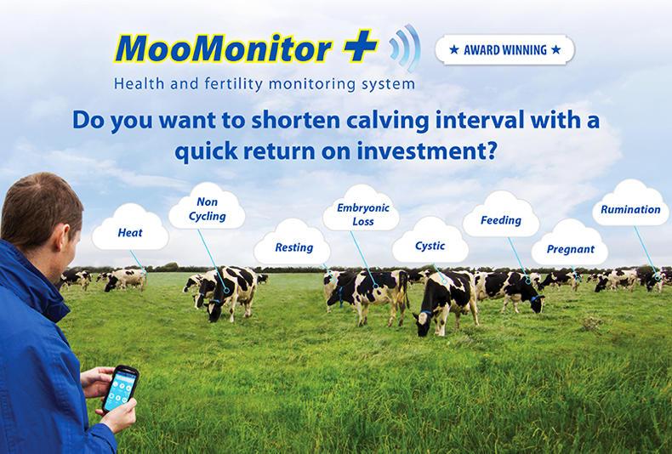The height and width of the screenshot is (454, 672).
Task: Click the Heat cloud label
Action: click(130, 232)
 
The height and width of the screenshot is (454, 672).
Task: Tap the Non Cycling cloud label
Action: click(207, 209)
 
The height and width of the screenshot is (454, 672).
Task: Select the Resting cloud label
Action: click(293, 247)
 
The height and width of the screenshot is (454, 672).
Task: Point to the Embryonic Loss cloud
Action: click(362, 214)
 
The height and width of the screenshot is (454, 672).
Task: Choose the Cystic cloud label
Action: click(430, 246)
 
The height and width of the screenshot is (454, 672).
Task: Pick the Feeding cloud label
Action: click(500, 220)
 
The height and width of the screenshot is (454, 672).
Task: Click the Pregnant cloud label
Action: click(570, 249)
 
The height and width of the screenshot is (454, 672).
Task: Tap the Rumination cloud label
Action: click(630, 209)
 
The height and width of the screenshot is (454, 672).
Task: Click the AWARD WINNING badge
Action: click(504, 49)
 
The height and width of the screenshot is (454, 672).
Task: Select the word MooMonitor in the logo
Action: click(223, 48)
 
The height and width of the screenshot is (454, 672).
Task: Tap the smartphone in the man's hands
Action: click(119, 389)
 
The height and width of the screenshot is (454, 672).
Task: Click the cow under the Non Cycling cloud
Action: click(225, 289)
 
